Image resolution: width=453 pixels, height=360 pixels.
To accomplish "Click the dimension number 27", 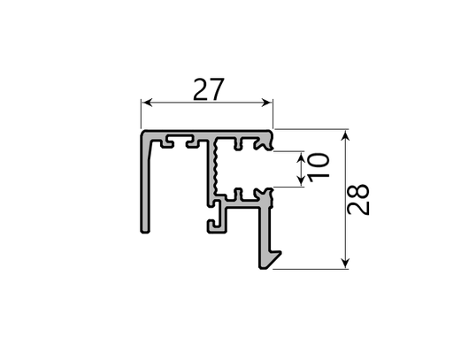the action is [209, 89].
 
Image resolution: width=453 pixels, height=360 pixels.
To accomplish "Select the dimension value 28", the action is [357, 199].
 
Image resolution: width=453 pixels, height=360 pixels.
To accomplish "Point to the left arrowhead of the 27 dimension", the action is [147, 103].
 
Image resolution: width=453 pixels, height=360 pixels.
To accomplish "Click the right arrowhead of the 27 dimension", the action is [267, 103].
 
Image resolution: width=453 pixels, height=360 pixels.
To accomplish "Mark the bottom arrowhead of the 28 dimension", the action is [345, 264].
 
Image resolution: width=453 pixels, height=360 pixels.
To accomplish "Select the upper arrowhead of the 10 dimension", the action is [301, 157].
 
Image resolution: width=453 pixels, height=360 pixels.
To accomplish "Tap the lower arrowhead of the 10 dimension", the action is [301, 181].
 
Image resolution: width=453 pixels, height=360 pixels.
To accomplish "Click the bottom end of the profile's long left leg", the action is [145, 231].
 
